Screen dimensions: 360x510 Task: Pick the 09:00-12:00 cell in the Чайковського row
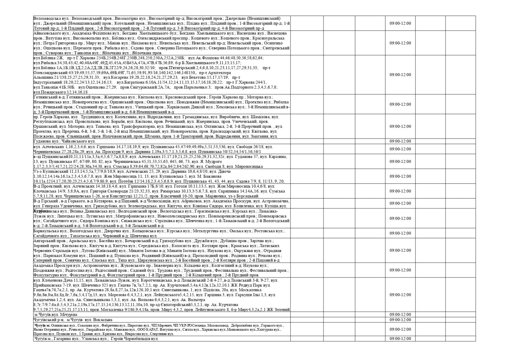400,141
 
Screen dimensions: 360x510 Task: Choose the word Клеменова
52,280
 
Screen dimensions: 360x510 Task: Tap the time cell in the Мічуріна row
400,314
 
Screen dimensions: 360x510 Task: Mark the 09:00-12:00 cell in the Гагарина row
400,339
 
